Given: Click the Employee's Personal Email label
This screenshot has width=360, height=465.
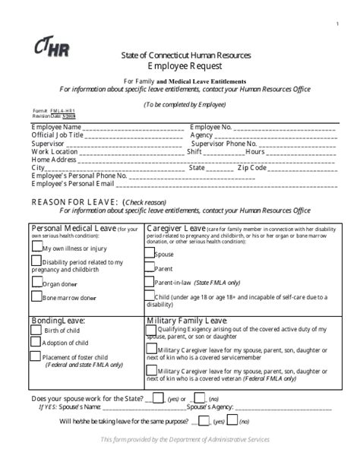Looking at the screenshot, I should (x=72, y=184).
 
